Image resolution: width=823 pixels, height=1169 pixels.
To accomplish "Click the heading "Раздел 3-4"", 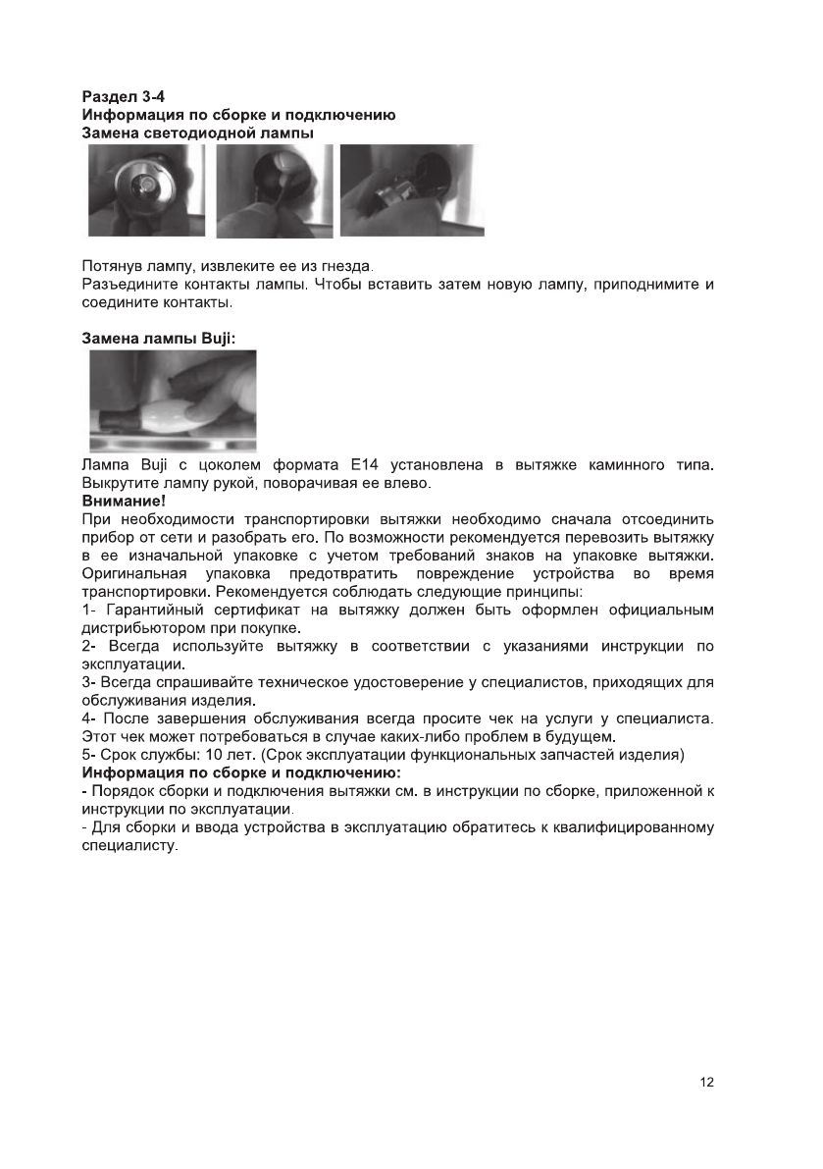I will click(x=123, y=97).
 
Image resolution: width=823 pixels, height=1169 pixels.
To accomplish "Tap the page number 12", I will click(x=707, y=1082).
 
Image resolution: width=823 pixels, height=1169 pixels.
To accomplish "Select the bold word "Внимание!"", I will click(x=124, y=500).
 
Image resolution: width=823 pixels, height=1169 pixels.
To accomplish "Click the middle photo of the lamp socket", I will click(x=274, y=190).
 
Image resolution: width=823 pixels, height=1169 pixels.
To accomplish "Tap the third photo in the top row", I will click(x=411, y=190).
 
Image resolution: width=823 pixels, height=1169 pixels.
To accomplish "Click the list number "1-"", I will click(x=87, y=611).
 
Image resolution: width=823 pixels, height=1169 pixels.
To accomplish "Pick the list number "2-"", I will click(x=88, y=646).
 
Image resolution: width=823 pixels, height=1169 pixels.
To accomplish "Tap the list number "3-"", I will click(x=87, y=681).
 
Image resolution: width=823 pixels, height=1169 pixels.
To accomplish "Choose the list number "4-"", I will click(x=88, y=717).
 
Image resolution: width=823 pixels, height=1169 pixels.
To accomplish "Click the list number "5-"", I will click(x=87, y=753).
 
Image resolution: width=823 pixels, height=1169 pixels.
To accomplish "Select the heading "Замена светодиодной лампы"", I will click(x=197, y=133).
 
